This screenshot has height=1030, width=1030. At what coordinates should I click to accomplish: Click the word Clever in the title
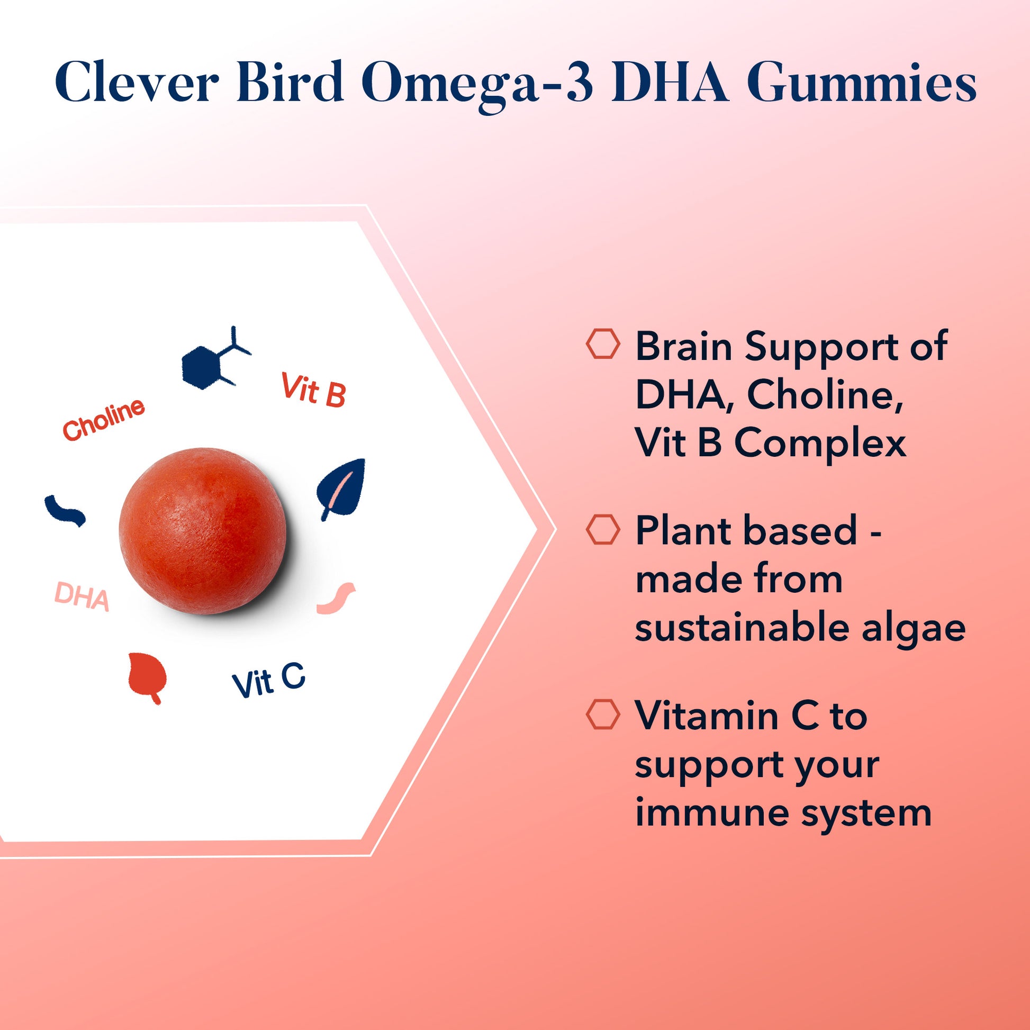(x=137, y=83)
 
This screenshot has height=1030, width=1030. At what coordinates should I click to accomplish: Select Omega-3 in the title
(x=477, y=85)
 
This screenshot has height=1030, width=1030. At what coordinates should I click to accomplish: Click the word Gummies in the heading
(x=862, y=85)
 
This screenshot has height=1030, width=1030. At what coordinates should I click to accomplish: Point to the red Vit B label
(x=314, y=390)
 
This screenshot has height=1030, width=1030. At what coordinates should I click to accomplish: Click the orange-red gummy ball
(x=203, y=531)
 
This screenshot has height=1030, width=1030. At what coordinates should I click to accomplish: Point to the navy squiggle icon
(x=65, y=511)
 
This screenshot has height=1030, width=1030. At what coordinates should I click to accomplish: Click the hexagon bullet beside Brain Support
(x=603, y=344)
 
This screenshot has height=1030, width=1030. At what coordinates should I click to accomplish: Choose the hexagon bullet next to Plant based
(x=603, y=529)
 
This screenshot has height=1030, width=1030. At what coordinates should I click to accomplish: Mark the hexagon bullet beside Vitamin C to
(x=603, y=715)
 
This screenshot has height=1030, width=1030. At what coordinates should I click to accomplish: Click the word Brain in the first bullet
(x=684, y=347)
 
